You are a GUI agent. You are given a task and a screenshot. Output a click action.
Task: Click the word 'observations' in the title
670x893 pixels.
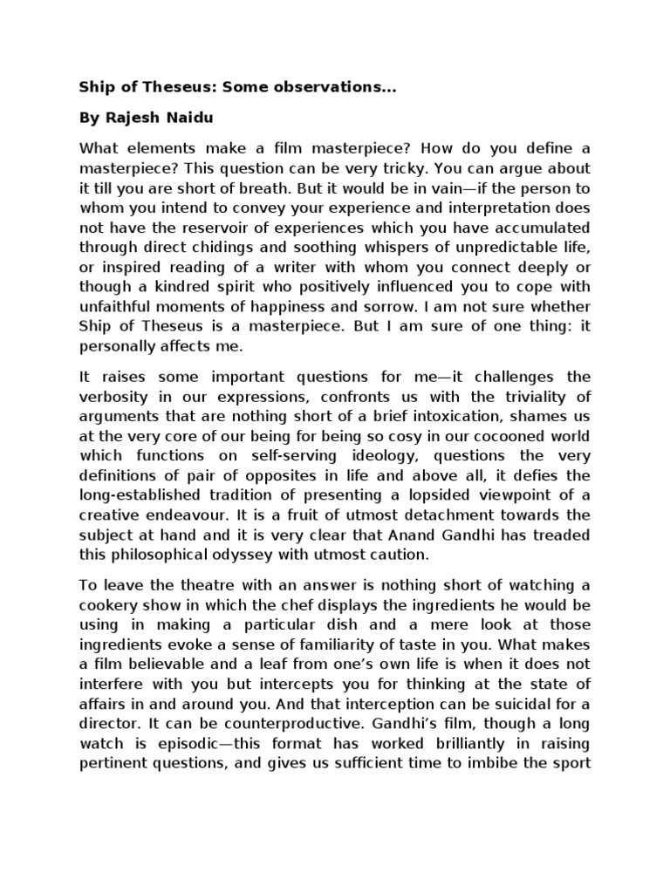coord(271,87)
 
